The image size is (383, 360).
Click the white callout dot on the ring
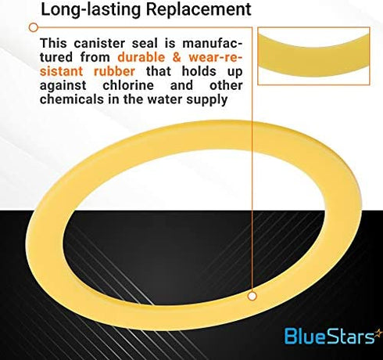click(x=252, y=297)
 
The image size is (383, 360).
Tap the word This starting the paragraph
click(x=55, y=42)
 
